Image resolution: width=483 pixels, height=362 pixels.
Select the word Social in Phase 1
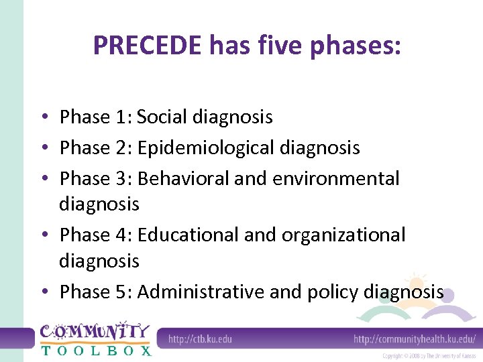click(x=162, y=117)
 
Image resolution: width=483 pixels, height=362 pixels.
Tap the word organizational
click(x=343, y=235)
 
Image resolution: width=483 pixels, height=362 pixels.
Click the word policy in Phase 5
click(x=332, y=292)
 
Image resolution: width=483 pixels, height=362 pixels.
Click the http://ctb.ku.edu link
click(x=200, y=339)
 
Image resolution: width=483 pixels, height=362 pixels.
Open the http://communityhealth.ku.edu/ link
click(x=415, y=339)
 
